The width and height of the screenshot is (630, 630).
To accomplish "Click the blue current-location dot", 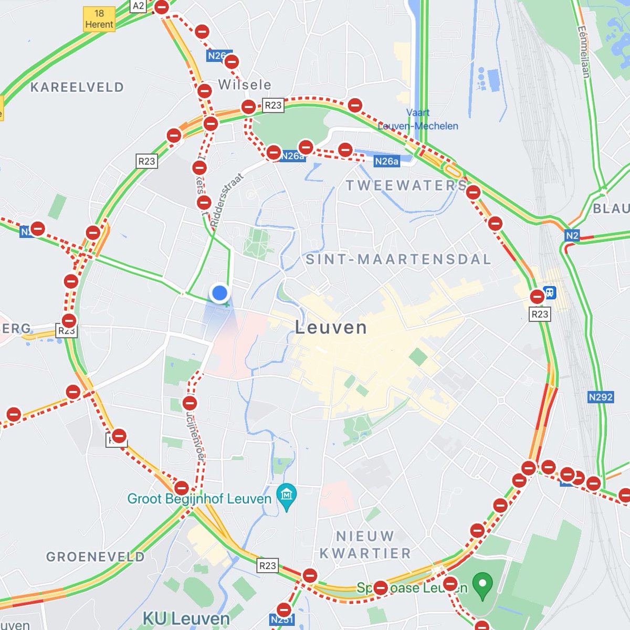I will coord(220,292).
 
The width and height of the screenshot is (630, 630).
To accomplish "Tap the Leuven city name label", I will coord(331,328).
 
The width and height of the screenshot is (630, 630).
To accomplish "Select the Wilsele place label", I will coord(245,85).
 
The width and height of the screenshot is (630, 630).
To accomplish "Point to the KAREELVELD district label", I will coord(77,87).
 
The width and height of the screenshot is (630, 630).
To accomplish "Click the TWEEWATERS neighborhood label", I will coord(406,185).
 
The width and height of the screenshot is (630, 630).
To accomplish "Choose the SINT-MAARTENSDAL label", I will coord(398,259).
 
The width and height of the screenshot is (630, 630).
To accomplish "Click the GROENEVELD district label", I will coord(95,556).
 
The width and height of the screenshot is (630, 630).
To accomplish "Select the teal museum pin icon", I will coord(287,495).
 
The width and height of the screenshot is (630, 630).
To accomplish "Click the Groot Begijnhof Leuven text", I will coord(199,498).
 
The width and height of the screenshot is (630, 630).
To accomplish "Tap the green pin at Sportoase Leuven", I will coord(482,583).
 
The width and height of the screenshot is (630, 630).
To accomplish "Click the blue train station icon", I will coord(550,291).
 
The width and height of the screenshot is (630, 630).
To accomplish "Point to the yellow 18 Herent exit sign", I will coord(99,19).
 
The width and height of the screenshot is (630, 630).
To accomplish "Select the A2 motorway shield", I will coord(138,6).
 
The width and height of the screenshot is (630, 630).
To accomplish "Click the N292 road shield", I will coord(600,397).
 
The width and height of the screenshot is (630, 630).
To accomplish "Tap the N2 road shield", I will coord(572,236).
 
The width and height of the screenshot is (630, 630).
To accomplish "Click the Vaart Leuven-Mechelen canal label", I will coord(418,120).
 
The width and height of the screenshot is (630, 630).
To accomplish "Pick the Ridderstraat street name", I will coord(228,200).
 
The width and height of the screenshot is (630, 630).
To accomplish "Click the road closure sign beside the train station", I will coord(537,297).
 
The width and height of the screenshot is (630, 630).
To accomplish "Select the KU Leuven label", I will coord(186,618).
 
